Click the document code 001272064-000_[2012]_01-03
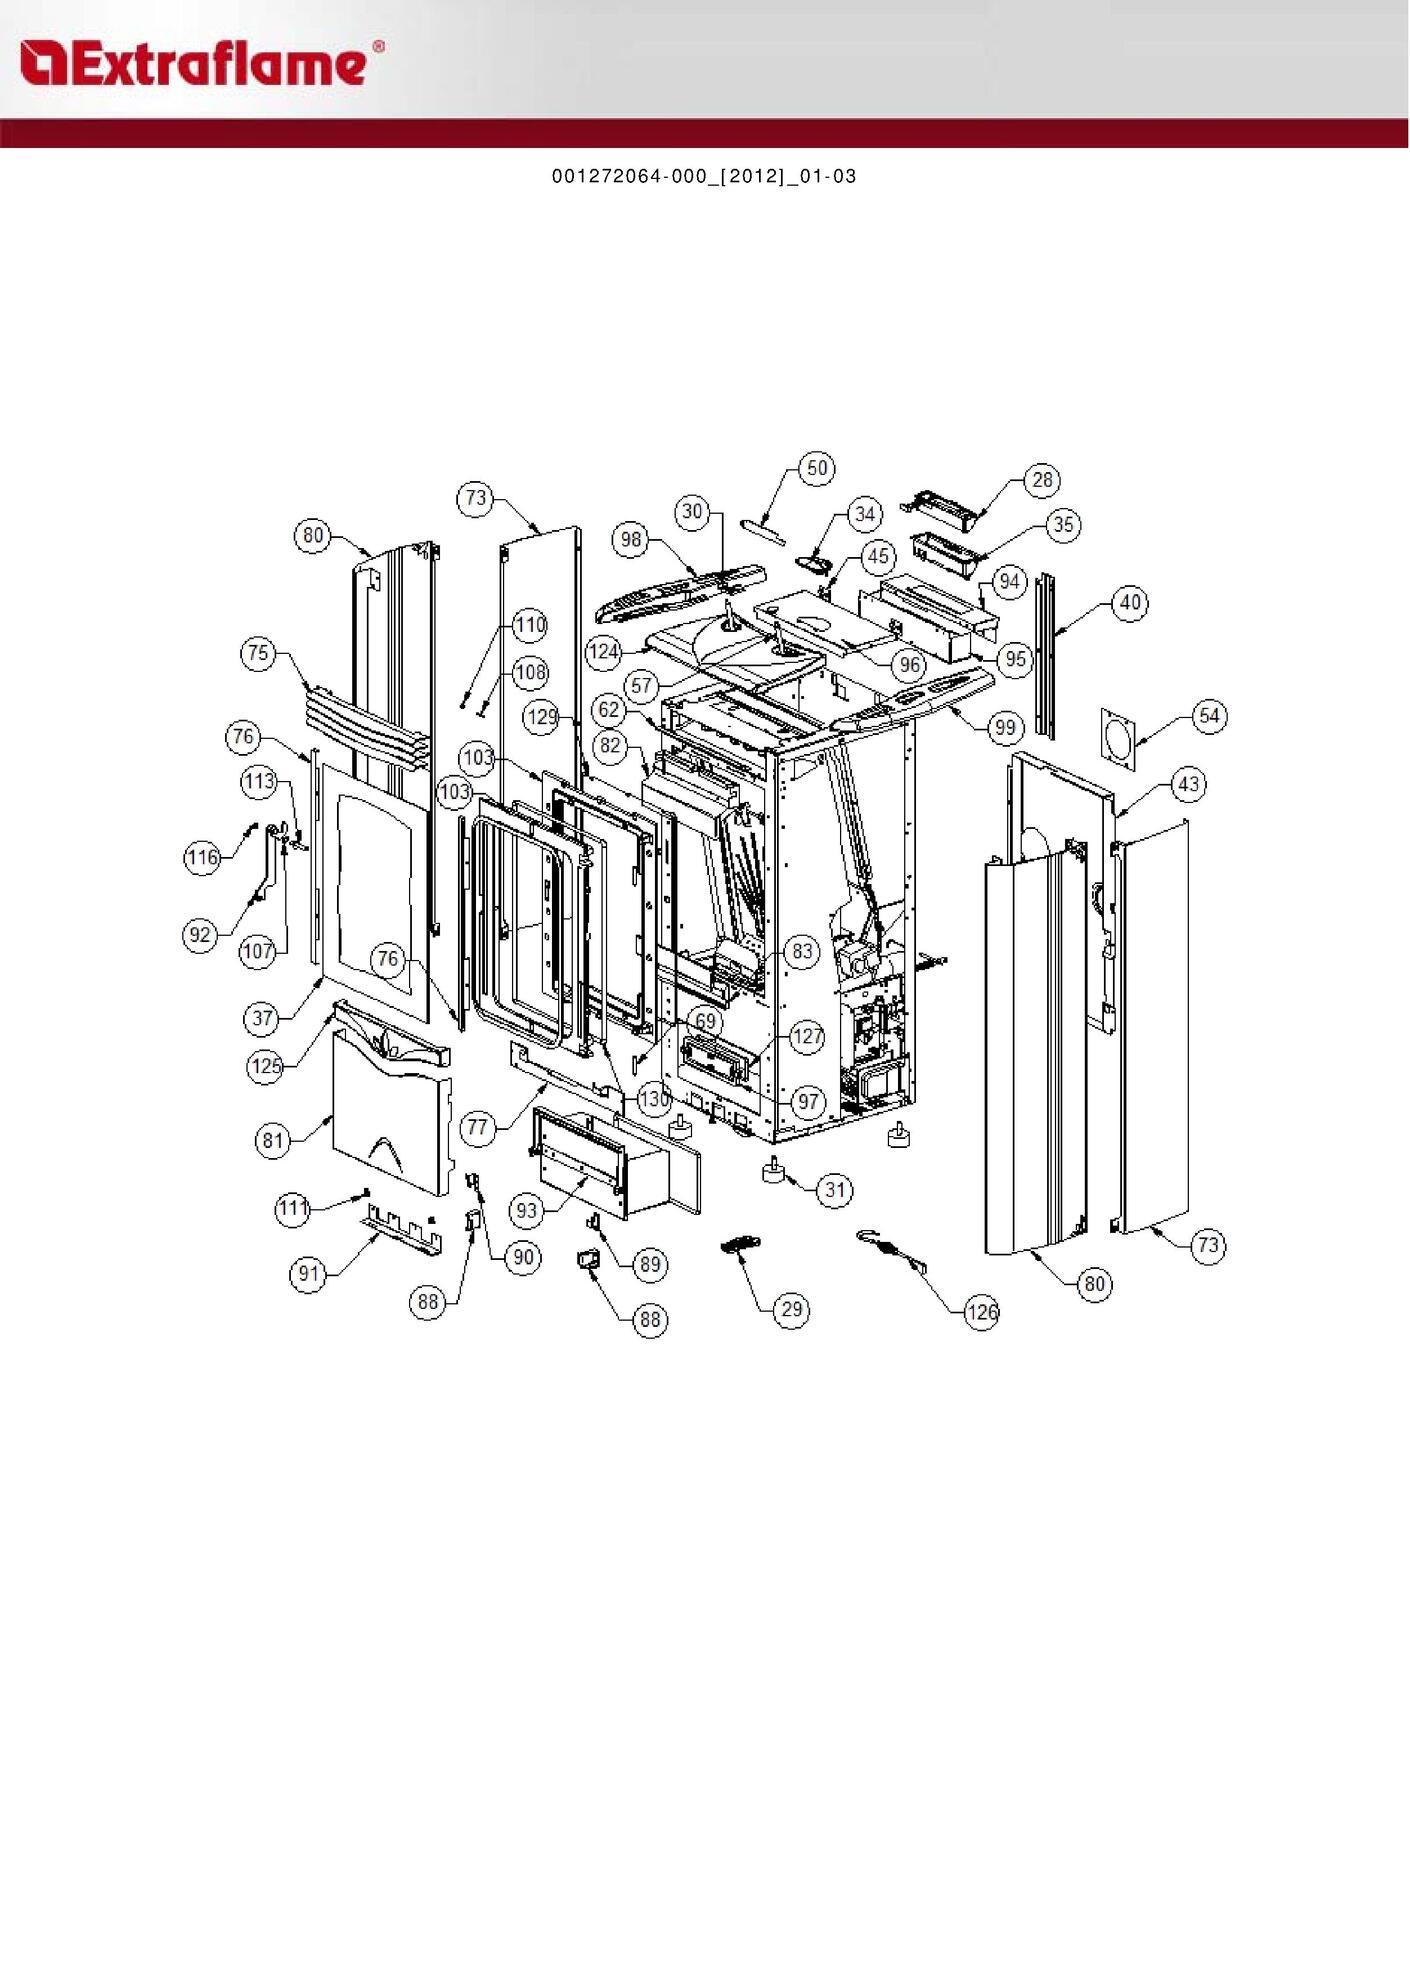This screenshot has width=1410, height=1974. [704, 176]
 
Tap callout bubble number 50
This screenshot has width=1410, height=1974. [817, 468]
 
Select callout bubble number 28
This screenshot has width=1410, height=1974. [1042, 480]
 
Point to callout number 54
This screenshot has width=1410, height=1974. [1209, 716]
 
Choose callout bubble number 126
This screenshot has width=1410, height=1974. [982, 1311]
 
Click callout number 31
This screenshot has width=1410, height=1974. [835, 1190]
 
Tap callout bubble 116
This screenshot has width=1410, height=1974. [202, 857]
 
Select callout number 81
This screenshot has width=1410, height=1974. [273, 1141]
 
